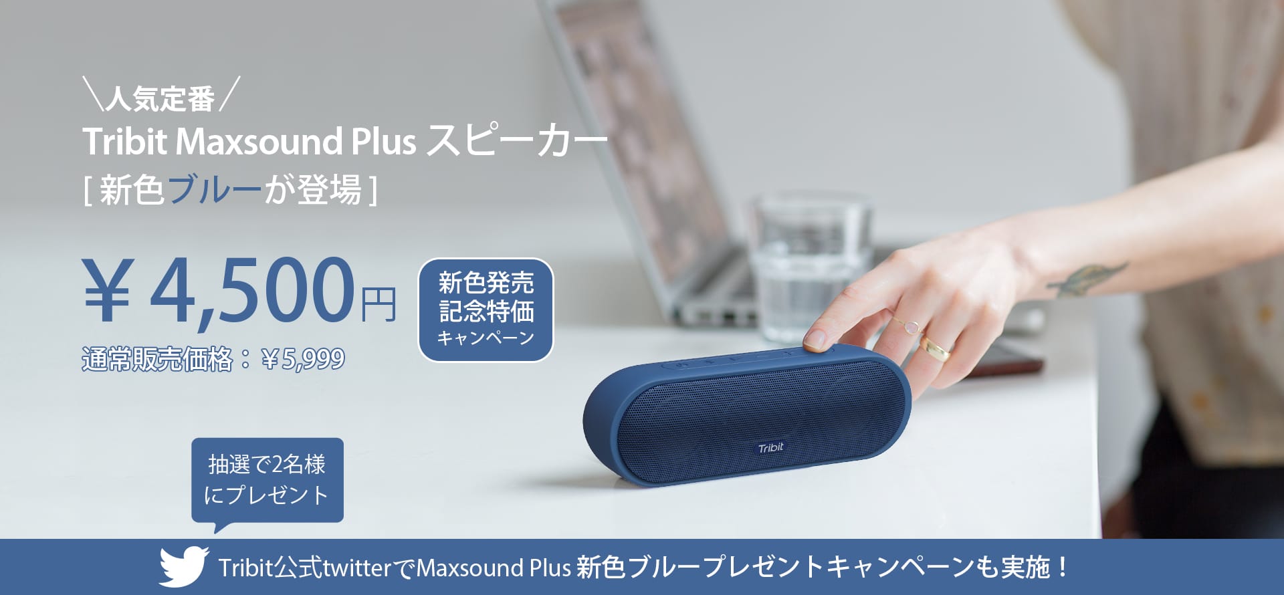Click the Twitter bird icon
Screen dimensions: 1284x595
coord(184,567)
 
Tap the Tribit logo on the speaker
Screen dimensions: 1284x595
coord(770,448)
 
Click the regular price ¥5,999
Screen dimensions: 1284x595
coord(304,360)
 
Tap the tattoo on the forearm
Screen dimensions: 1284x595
coord(1087,279)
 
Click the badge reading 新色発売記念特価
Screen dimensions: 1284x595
coord(486,310)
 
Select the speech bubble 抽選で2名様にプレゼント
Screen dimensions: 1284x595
coord(267,480)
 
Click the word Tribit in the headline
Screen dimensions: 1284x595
coord(124,142)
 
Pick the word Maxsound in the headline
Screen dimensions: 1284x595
coord(259,142)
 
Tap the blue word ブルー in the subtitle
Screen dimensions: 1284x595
coord(214,190)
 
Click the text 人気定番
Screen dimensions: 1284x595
coord(160,99)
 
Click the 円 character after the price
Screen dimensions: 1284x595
coord(379,304)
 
